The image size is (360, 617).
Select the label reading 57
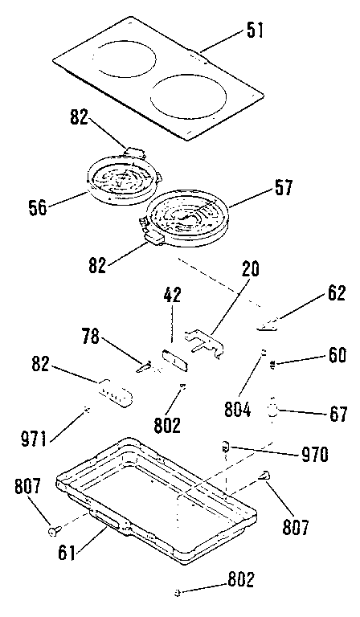pyautogui.click(x=283, y=189)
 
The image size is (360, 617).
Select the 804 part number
pyautogui.click(x=238, y=408)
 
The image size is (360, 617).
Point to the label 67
pyautogui.click(x=337, y=415)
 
